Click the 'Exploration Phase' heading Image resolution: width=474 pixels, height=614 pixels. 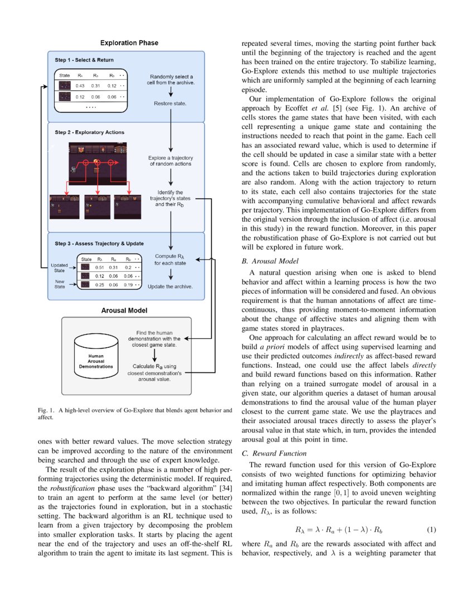(x=129, y=43)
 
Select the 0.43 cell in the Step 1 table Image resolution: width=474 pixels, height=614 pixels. (x=80, y=85)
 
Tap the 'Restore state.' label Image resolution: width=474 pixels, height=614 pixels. (x=171, y=103)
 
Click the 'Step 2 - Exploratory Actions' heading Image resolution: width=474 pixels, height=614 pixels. (x=89, y=132)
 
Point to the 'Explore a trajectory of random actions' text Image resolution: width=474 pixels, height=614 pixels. (x=171, y=161)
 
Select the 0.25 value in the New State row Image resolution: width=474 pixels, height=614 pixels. (x=101, y=285)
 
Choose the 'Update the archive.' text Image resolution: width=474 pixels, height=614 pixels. (x=170, y=286)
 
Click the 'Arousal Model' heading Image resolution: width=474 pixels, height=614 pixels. (x=124, y=310)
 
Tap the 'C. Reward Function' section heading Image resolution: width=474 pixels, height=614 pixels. (x=274, y=453)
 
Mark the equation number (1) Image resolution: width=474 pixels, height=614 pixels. (x=431, y=529)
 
